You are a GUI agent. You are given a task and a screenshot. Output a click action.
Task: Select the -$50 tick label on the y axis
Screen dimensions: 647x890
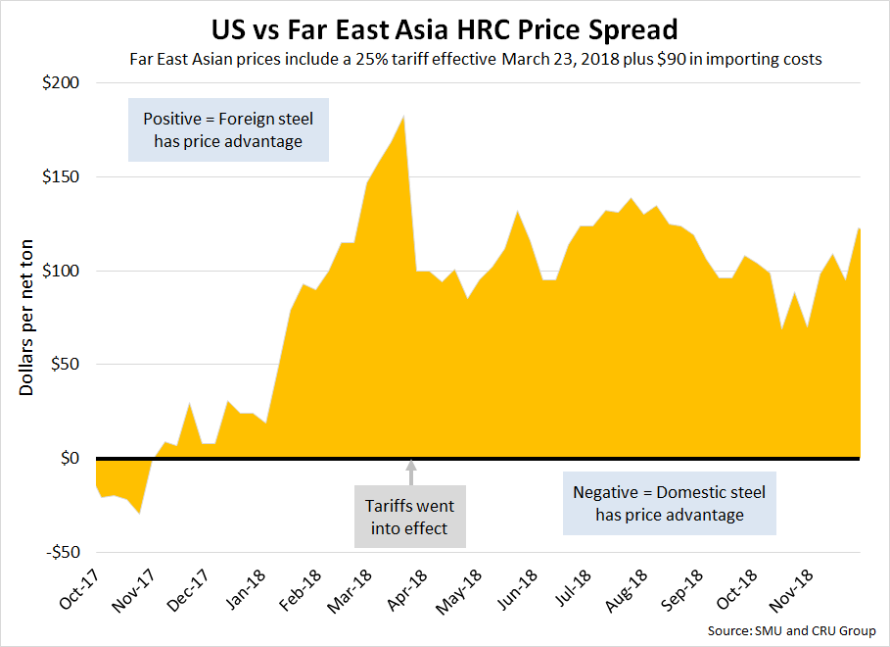[58, 552]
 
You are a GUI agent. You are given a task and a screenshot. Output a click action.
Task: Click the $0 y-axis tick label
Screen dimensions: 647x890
[68, 459]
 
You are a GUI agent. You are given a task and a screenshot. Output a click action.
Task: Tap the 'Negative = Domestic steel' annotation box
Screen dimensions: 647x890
[670, 503]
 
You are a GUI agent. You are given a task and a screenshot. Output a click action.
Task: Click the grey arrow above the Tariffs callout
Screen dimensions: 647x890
[411, 474]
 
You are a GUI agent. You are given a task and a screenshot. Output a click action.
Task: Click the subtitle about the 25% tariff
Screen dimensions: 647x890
[475, 59]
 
